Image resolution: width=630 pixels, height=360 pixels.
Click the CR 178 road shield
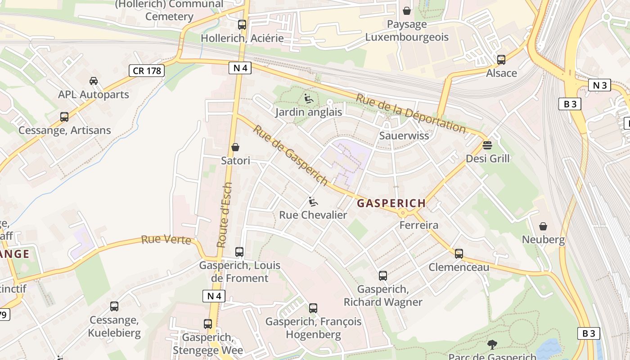(x=147, y=71)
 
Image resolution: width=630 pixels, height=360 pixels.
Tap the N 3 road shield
(x=599, y=85)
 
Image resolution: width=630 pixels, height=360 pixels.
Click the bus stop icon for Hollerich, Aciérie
(x=242, y=25)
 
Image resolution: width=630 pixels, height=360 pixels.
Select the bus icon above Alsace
(x=501, y=59)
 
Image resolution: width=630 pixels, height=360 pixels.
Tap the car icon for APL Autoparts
(x=93, y=81)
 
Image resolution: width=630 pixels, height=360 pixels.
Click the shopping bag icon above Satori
(x=235, y=147)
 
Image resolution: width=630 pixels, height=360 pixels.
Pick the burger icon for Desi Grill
(x=487, y=145)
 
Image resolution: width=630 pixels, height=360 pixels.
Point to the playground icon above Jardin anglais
(x=308, y=99)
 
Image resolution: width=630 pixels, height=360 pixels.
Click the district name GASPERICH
(x=391, y=203)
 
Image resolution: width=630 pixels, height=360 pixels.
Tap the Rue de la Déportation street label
(x=410, y=113)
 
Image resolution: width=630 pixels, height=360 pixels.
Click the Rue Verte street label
(x=166, y=239)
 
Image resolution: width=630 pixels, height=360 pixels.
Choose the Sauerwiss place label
(x=404, y=135)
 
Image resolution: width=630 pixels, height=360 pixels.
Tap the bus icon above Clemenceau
(x=459, y=254)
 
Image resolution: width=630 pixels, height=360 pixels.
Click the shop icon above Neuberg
(x=543, y=226)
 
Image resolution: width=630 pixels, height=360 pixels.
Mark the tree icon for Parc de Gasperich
(x=492, y=345)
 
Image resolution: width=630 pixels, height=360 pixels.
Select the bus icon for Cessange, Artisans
(x=64, y=117)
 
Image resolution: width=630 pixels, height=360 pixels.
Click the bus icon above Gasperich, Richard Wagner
(x=382, y=276)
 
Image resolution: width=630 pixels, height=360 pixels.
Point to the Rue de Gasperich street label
(x=290, y=155)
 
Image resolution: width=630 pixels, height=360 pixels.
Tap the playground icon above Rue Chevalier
(x=313, y=202)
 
